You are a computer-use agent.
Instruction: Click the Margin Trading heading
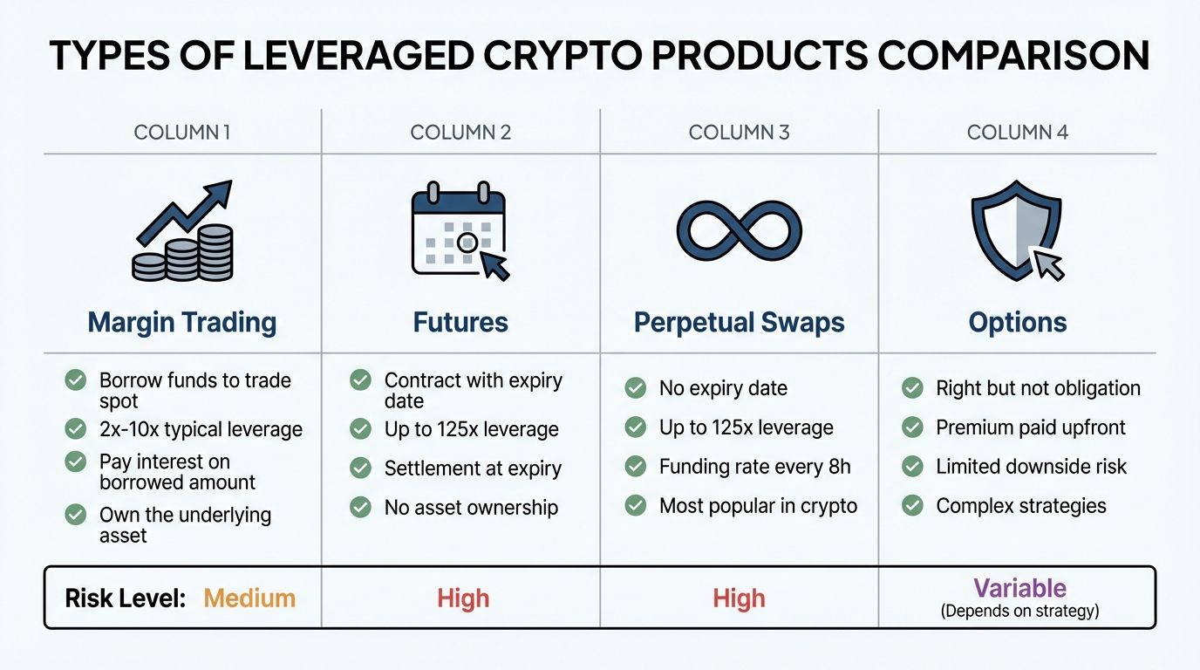click(182, 323)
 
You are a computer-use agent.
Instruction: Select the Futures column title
click(460, 323)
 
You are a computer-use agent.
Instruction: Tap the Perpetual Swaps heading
click(739, 323)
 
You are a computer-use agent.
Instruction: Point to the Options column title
click(1018, 323)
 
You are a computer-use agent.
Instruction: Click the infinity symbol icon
click(739, 231)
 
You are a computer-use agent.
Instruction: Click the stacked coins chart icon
click(184, 231)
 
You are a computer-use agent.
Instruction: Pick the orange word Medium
click(249, 598)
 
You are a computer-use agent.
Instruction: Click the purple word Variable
click(1019, 588)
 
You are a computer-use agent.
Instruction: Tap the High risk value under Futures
click(463, 598)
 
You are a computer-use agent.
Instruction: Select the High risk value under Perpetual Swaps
click(739, 598)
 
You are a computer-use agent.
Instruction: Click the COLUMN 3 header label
click(739, 133)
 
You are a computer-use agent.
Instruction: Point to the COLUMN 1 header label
click(182, 133)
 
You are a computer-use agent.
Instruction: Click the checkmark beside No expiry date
click(636, 388)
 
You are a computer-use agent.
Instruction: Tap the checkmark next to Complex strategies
click(913, 505)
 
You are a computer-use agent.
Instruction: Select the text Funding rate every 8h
click(754, 467)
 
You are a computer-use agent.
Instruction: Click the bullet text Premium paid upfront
click(1031, 427)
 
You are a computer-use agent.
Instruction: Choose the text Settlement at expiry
click(474, 468)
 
